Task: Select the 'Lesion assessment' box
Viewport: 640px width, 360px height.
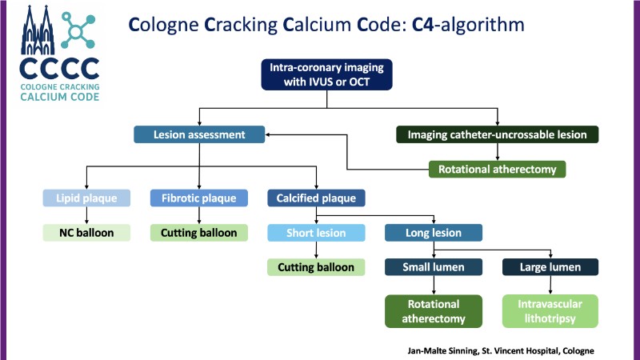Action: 198,135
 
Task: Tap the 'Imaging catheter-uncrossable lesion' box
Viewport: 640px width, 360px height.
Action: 497,135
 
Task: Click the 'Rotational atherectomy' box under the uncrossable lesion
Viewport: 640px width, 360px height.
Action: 497,169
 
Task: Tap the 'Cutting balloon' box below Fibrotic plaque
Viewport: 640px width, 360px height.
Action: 199,233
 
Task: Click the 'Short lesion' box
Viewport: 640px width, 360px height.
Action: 316,233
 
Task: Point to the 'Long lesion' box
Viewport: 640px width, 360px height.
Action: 434,233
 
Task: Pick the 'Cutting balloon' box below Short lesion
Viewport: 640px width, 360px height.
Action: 316,267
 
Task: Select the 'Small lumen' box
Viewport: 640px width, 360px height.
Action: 434,267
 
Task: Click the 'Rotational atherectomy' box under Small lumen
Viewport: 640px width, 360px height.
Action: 434,311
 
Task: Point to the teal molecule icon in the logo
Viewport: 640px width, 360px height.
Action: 78,30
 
